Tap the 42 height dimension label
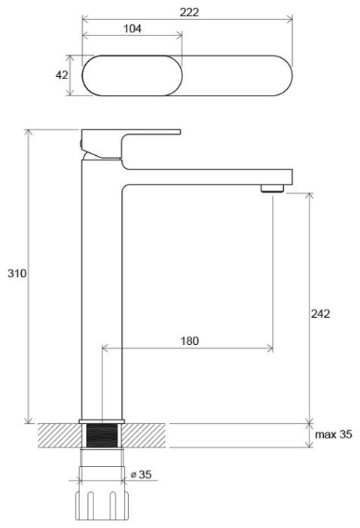click(x=62, y=75)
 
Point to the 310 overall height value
click(x=17, y=274)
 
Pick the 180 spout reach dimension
click(x=189, y=341)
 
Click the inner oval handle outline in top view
click(x=133, y=75)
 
